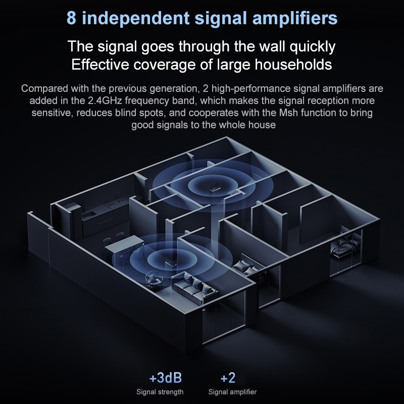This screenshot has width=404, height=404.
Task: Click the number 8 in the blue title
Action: pyautogui.click(x=72, y=19)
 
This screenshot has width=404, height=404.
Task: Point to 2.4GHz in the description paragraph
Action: pyautogui.click(x=102, y=100)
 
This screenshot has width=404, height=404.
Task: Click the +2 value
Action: pyautogui.click(x=228, y=378)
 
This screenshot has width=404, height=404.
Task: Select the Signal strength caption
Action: pyautogui.click(x=160, y=392)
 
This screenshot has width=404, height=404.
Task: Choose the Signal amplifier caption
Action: pyautogui.click(x=232, y=392)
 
